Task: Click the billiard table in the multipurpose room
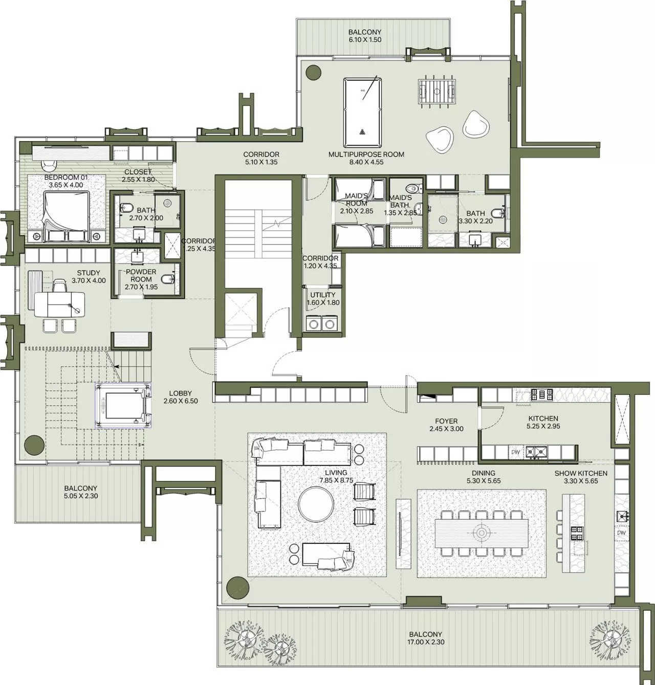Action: point(362,112)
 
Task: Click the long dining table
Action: point(481,533)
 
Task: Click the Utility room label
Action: point(323,295)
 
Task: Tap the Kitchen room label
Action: point(543,418)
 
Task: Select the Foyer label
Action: point(446,421)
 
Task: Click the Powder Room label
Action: point(141,275)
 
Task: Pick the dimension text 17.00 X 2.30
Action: point(425,642)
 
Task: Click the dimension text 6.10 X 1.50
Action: point(365,39)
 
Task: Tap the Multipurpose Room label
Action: point(366,154)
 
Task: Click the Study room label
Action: point(89,273)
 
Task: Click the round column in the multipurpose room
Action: point(313,71)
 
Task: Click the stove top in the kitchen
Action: point(541,394)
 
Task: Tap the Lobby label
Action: point(181,393)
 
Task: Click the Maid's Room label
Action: point(356,200)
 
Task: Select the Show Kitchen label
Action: point(581,473)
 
